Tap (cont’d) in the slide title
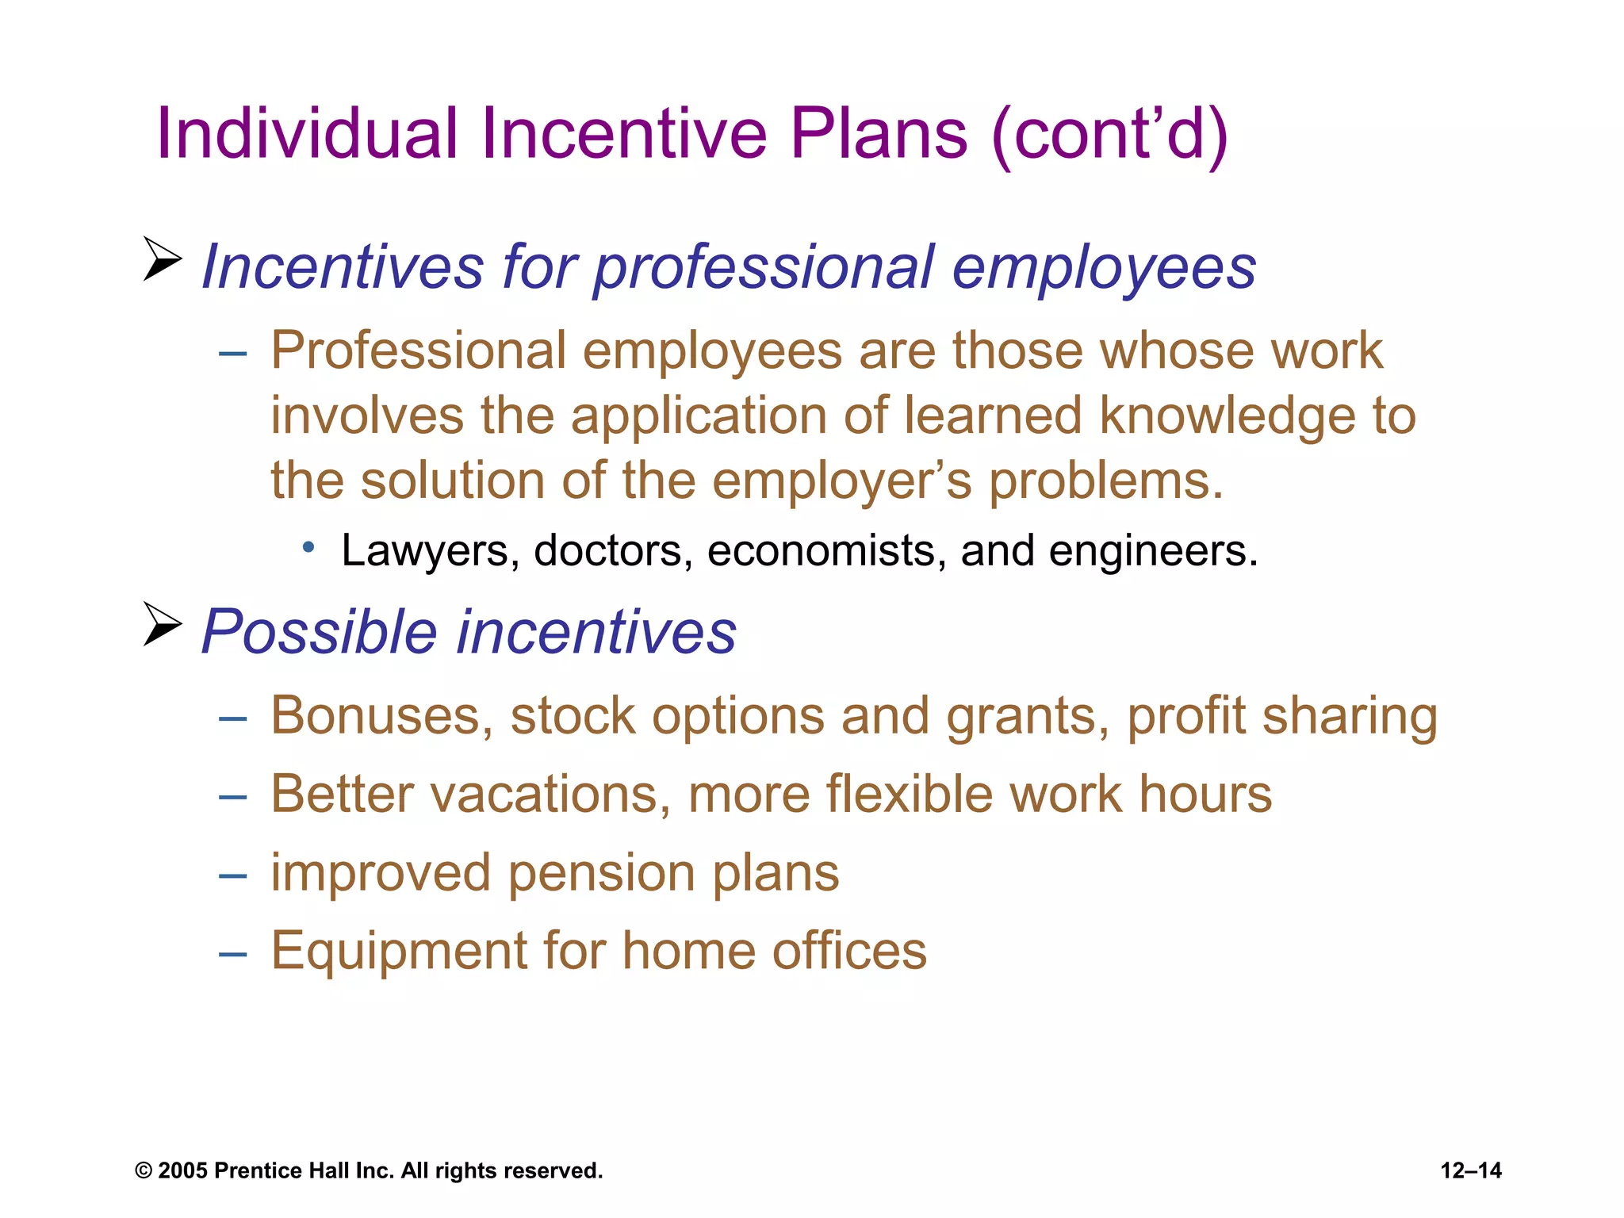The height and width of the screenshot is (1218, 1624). coord(1109,135)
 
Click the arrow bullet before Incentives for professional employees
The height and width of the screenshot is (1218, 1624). coord(163,259)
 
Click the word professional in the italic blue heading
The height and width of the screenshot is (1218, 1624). coord(764,267)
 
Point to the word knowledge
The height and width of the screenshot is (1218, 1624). coord(1227,416)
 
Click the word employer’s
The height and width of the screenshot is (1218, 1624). coord(841,481)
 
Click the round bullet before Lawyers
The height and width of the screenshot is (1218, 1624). coord(309,546)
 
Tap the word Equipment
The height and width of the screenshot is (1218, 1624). coord(397,951)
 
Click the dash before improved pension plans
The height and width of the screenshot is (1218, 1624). coord(233,875)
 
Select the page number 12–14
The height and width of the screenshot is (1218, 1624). coord(1470,1170)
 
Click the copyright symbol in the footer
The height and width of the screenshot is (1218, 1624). coord(144,1171)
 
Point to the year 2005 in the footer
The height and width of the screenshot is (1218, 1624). coord(182,1170)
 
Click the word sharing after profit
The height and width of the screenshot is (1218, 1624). coord(1350,716)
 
